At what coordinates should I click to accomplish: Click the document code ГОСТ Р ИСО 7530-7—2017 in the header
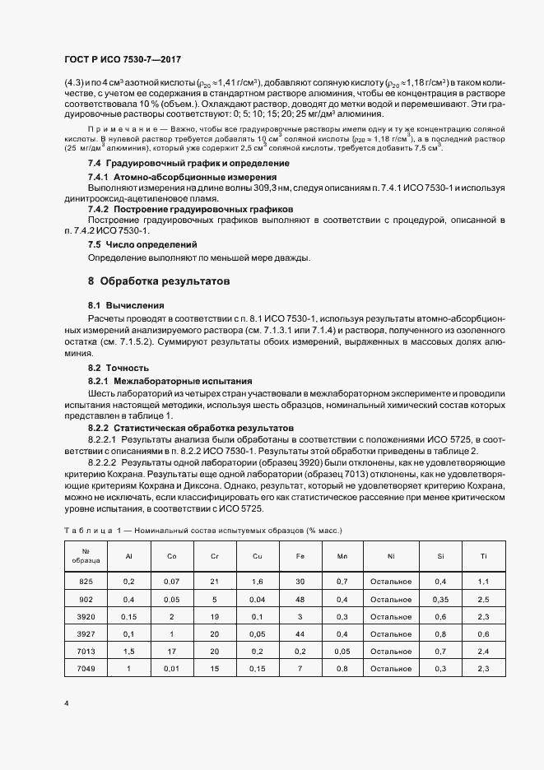pyautogui.click(x=123, y=61)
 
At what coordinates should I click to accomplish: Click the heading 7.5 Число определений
pyautogui.click(x=142, y=245)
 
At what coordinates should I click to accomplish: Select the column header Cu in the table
pyautogui.click(x=258, y=556)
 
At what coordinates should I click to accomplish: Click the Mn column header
pyautogui.click(x=342, y=556)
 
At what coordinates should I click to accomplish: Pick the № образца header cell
pyautogui.click(x=86, y=556)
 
